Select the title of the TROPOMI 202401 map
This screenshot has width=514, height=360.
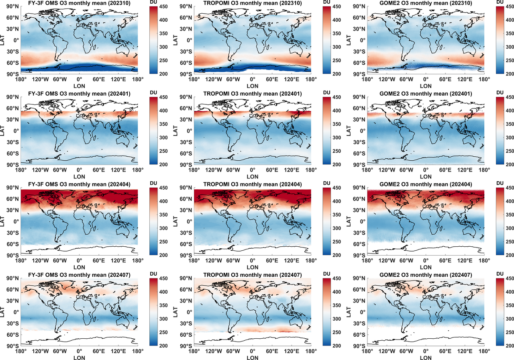click(253, 94)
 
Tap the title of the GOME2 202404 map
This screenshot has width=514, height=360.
click(426, 184)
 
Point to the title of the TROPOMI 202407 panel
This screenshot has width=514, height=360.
click(253, 274)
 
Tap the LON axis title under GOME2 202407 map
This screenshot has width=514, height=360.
click(426, 357)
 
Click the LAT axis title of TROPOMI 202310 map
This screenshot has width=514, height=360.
click(175, 40)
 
